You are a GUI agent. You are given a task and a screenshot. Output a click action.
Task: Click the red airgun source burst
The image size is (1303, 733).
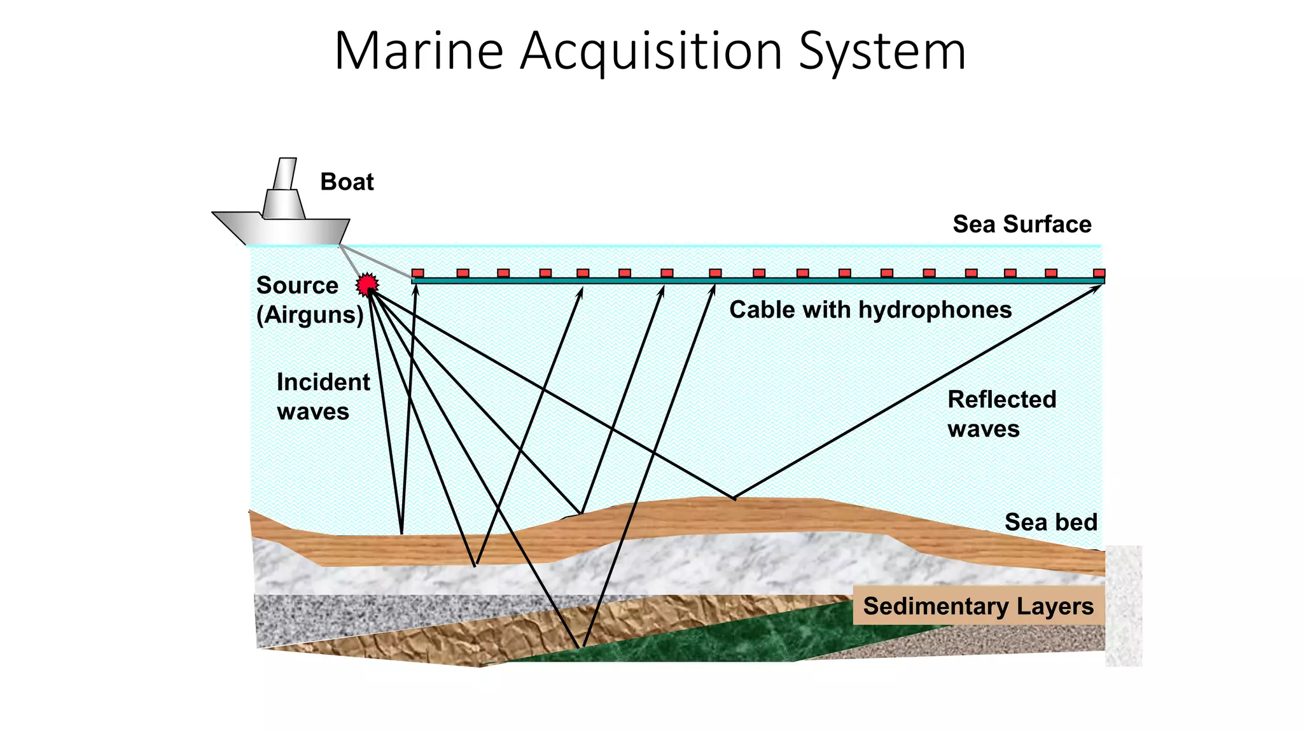click(x=367, y=284)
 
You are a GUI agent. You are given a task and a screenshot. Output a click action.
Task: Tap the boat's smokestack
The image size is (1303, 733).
click(x=286, y=174)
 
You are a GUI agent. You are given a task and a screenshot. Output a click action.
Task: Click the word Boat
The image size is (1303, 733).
click(x=347, y=182)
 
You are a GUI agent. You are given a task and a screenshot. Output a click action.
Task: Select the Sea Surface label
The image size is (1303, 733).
click(x=1022, y=225)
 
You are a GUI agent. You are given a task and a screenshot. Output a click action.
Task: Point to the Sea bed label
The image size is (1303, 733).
click(x=1050, y=522)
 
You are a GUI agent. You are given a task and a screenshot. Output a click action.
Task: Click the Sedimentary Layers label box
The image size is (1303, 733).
click(x=978, y=606)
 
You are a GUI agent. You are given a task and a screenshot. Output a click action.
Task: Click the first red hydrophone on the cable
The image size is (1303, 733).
click(x=417, y=273)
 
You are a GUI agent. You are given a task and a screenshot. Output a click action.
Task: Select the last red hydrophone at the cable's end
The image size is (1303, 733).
click(x=1099, y=273)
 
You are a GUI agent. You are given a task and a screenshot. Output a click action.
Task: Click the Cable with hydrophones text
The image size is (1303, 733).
click(x=870, y=310)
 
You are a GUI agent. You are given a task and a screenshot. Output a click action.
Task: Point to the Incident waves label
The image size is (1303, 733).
click(x=323, y=397)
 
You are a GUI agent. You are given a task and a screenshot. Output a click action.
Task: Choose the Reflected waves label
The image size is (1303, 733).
click(x=1001, y=414)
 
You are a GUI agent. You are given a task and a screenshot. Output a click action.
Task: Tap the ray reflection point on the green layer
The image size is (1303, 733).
click(x=581, y=647)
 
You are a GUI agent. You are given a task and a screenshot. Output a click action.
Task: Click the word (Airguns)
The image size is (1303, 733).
click(x=310, y=315)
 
